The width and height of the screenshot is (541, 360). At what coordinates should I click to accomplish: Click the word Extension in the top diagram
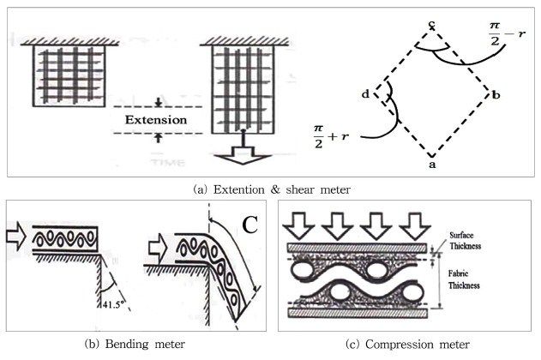(155, 119)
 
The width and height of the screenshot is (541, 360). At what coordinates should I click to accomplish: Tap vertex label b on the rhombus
(496, 93)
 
